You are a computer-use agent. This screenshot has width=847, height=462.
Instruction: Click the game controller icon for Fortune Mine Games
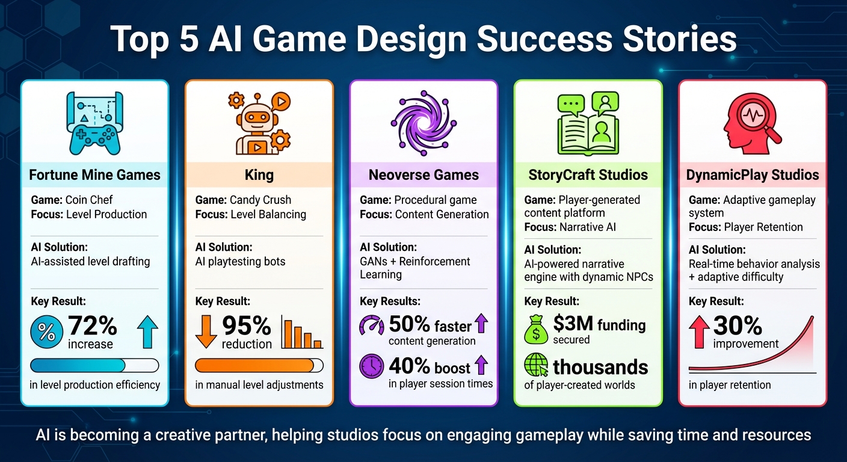tap(94, 123)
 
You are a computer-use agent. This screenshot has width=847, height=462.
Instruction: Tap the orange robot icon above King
tap(259, 123)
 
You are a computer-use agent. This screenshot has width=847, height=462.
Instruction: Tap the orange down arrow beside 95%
tap(206, 331)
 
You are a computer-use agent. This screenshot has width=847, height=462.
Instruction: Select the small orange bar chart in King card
tap(302, 334)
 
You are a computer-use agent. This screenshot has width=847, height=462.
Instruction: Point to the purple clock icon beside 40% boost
tap(371, 366)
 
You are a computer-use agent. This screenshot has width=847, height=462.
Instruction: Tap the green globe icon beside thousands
tap(535, 365)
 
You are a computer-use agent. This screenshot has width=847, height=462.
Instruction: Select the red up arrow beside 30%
tap(699, 331)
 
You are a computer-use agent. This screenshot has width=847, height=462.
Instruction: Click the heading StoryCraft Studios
tap(588, 175)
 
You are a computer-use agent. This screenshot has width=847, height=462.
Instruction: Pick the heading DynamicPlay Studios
tap(753, 175)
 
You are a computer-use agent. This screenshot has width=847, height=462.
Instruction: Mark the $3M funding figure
tap(599, 325)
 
